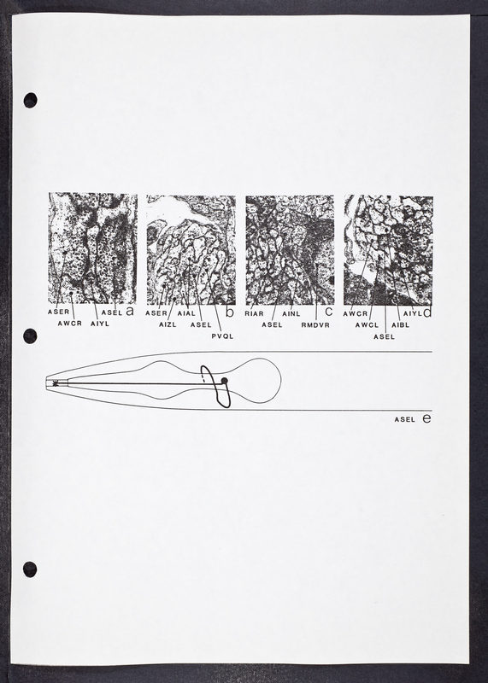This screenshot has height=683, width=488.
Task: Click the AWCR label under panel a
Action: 70,324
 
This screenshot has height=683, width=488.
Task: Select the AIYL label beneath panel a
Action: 100,324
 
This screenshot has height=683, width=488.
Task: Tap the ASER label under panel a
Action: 58,312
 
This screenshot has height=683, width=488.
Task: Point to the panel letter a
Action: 130,311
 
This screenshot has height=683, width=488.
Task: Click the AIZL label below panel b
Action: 168,324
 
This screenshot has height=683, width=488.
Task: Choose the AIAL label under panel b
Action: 186,313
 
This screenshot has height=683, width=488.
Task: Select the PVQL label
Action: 222,336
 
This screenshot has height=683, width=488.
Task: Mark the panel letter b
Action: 230,312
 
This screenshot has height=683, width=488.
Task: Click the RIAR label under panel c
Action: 254,313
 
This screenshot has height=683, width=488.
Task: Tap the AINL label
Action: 291,313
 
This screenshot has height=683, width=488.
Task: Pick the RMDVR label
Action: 315,325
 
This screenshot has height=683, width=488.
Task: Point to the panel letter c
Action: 329,312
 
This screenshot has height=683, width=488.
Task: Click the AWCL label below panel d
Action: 367,325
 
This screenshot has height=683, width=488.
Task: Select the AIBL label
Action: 400,325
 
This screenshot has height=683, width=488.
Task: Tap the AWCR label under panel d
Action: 356,313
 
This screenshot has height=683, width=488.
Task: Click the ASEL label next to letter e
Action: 405,419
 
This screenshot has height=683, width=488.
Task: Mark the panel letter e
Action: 427,418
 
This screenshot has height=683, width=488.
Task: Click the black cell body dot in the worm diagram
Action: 225,381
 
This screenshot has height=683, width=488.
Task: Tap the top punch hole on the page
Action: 30,100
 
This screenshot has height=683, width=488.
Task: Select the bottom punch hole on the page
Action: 30,569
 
